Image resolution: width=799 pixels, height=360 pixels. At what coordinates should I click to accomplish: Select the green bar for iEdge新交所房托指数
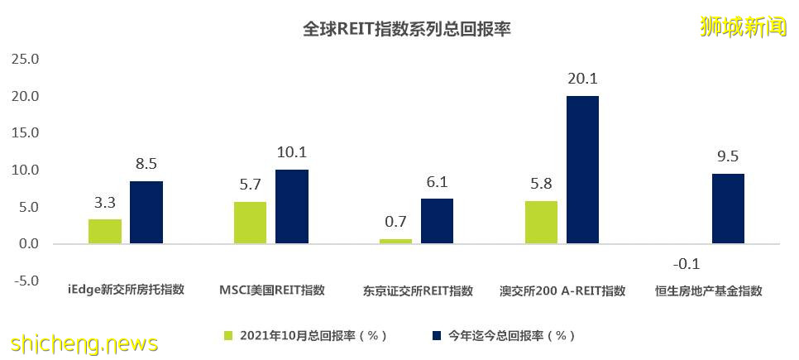click(105, 231)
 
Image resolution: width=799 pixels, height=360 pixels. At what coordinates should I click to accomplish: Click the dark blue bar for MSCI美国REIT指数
click(292, 206)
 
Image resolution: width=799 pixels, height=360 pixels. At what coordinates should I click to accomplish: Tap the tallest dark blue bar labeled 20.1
click(582, 170)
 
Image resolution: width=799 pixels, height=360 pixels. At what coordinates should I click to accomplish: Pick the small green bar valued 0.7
click(395, 241)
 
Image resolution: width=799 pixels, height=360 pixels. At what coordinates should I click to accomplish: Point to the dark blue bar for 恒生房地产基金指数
click(728, 208)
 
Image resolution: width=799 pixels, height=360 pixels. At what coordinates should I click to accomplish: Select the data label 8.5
click(146, 164)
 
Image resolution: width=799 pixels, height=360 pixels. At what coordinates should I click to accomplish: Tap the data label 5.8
click(541, 184)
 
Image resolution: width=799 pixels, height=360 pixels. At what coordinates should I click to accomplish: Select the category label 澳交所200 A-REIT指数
click(562, 291)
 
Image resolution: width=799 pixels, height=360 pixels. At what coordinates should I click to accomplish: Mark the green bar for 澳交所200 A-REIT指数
click(541, 222)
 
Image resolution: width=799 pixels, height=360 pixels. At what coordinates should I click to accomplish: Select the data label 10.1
click(292, 152)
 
